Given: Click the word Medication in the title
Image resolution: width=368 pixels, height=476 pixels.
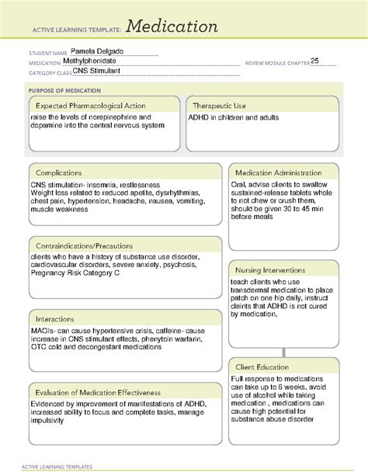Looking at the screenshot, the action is [x=170, y=26].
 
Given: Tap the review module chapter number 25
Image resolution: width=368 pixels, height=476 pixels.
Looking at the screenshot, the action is [x=316, y=61].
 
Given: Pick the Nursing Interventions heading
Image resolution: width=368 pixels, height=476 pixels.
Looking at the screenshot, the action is [x=270, y=269].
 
